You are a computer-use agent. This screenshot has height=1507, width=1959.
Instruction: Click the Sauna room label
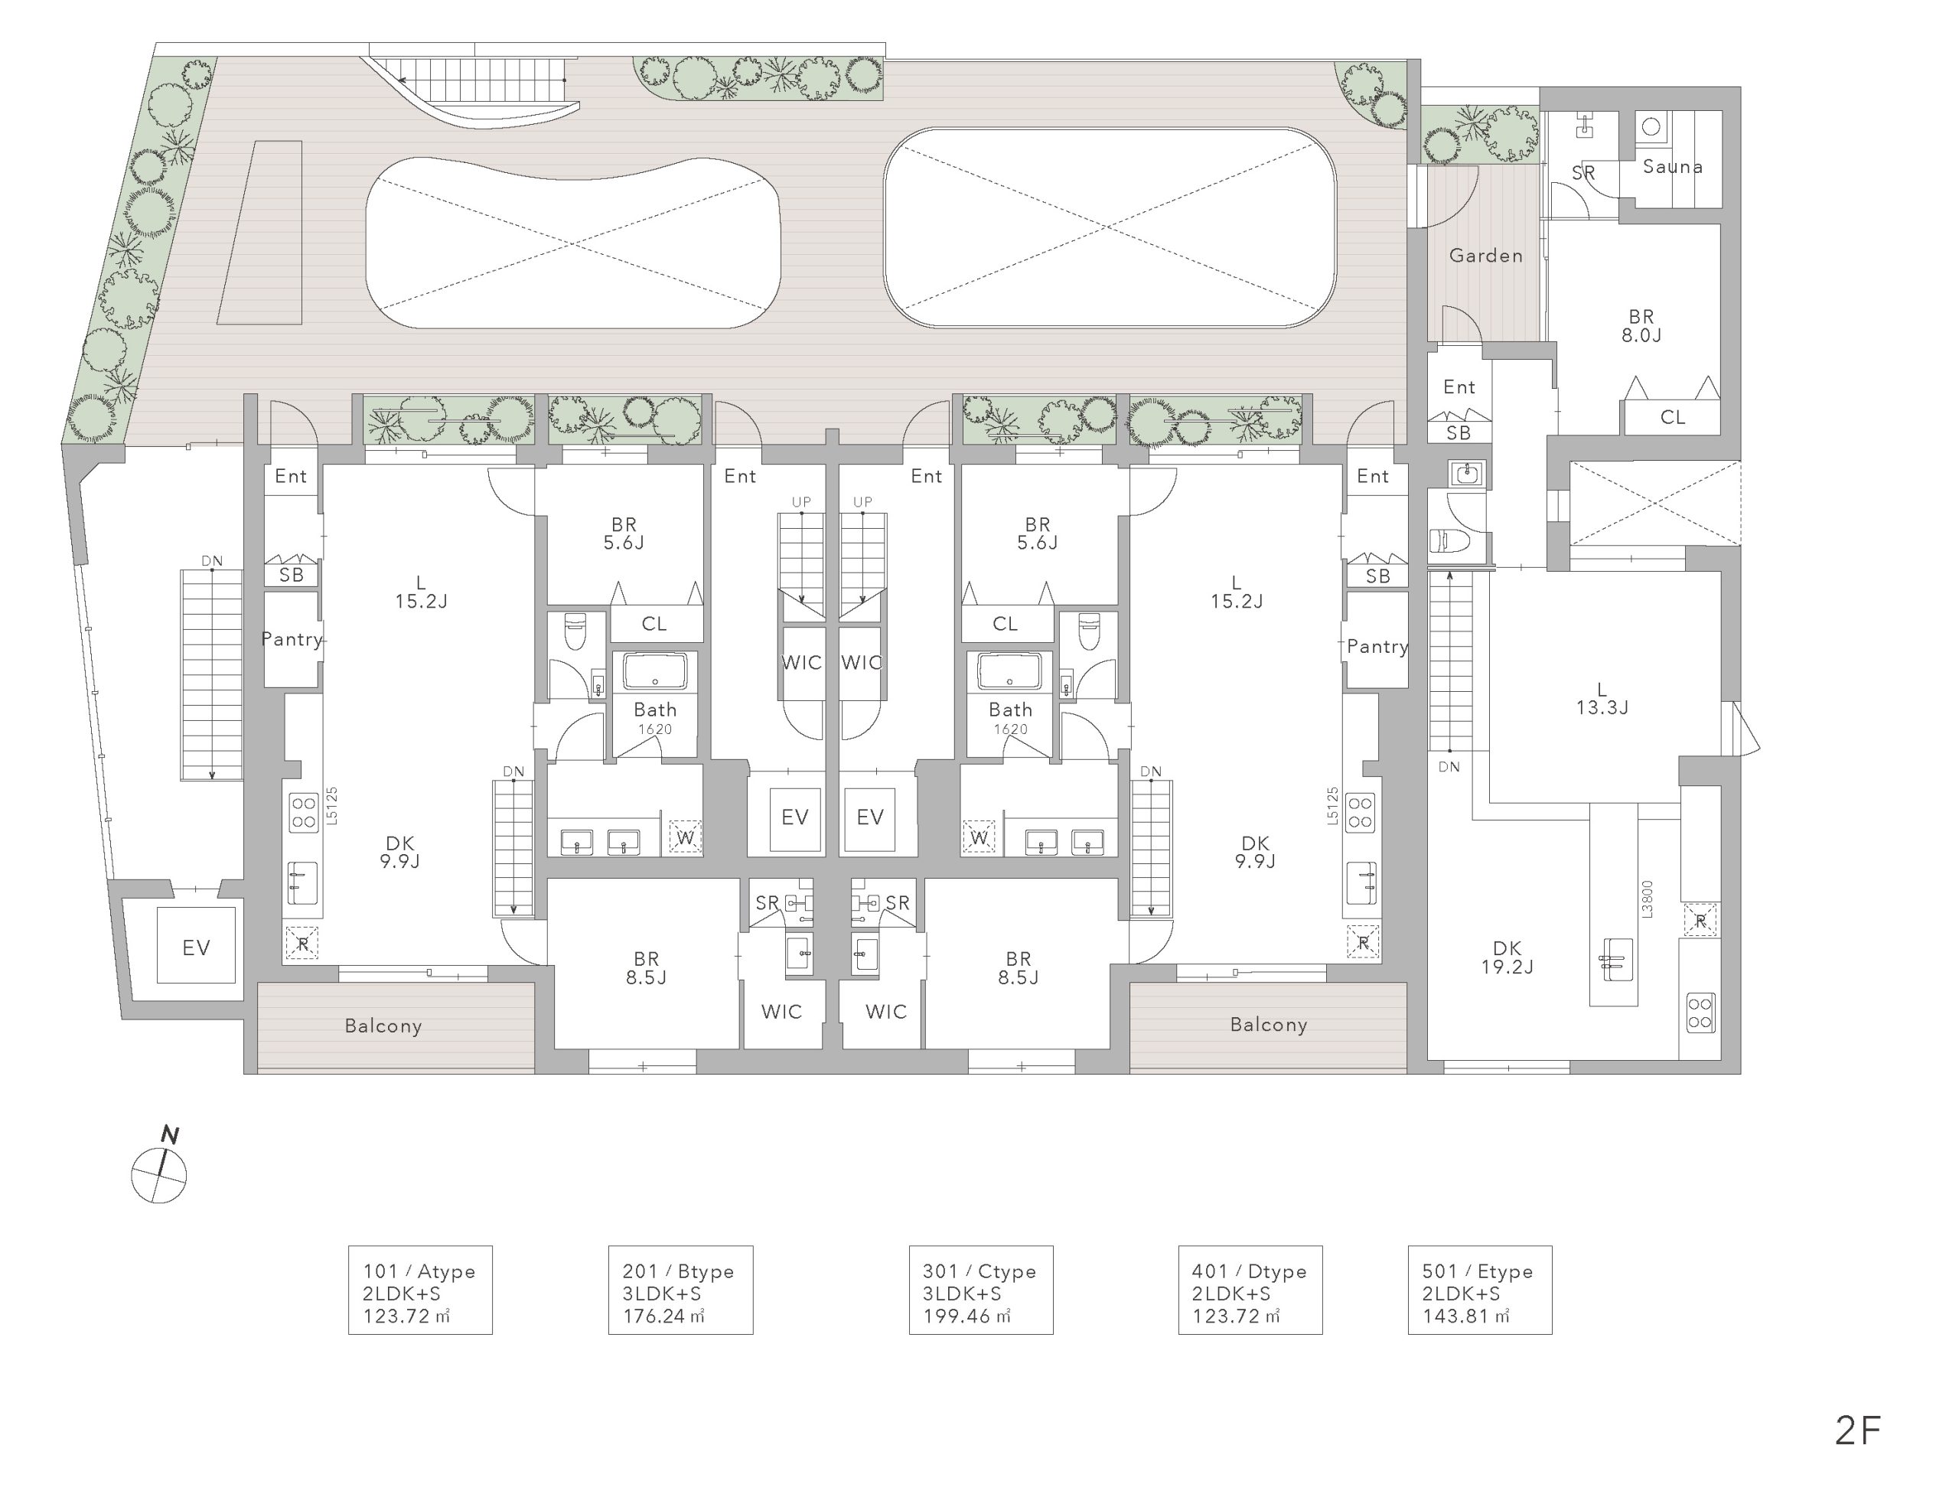click(1672, 166)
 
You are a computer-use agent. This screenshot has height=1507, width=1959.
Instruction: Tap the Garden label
click(1485, 256)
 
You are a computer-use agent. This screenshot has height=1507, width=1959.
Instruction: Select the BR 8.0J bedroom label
click(1641, 325)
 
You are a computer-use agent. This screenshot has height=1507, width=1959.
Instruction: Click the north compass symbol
click(160, 1166)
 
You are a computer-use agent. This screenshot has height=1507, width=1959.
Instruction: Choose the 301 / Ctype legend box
click(980, 1290)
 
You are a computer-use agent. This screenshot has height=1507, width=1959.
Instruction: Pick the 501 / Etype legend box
click(1479, 1290)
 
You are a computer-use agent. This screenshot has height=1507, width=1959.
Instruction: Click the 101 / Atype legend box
click(420, 1290)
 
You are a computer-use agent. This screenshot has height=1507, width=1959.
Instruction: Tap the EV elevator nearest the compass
click(196, 948)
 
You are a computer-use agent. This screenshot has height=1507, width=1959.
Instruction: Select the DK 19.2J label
click(1507, 957)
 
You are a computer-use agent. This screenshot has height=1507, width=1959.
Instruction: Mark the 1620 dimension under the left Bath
click(655, 729)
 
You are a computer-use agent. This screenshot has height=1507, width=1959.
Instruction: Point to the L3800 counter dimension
click(1647, 899)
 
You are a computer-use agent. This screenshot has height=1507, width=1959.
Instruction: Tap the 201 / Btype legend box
click(680, 1290)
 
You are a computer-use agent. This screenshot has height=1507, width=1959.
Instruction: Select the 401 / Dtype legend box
click(1250, 1290)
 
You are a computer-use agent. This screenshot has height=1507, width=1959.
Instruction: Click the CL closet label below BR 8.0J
click(1672, 417)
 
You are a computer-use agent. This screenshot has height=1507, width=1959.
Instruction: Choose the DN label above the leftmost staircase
click(212, 562)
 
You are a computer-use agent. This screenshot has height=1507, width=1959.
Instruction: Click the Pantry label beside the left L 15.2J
click(292, 638)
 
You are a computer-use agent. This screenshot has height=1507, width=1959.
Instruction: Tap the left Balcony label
click(383, 1026)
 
